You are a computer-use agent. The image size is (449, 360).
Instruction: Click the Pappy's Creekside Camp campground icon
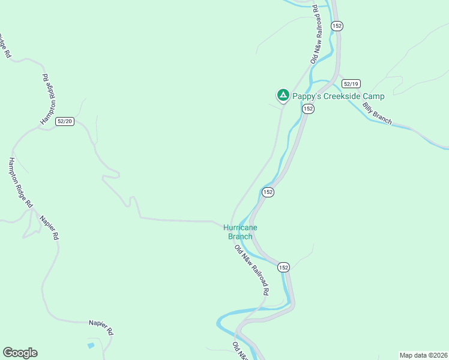[x=283, y=95]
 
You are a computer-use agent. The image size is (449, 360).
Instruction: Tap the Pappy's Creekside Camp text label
[x=338, y=96]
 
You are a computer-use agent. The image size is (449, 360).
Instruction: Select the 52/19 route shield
[x=351, y=83]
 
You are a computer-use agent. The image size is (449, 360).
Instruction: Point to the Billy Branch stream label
[x=377, y=113]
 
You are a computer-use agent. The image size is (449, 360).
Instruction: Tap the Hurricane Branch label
[x=240, y=232]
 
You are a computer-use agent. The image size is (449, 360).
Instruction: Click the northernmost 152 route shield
[x=337, y=26]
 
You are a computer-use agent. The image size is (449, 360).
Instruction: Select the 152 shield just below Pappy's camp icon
[x=308, y=109]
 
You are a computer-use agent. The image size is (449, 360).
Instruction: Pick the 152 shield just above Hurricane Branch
[x=268, y=192]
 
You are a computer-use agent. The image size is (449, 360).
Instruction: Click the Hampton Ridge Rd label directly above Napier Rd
[x=20, y=182]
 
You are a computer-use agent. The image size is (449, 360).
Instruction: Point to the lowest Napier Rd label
[x=101, y=326]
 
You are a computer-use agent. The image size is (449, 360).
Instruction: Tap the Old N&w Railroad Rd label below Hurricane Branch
[x=252, y=269]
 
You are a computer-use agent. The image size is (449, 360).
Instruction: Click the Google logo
[x=20, y=353]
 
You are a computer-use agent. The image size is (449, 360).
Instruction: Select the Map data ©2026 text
[x=423, y=355]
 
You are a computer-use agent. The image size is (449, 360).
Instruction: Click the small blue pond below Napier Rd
[x=90, y=346]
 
